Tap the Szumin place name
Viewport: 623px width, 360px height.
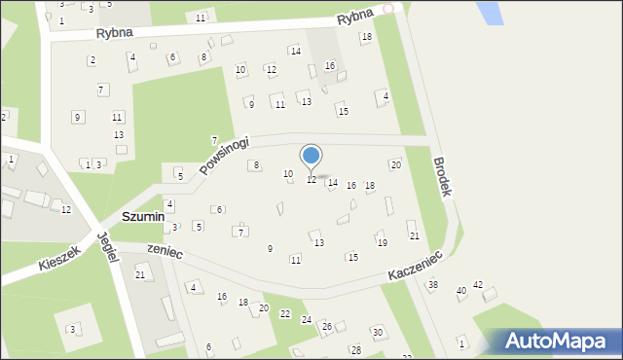point(143,215)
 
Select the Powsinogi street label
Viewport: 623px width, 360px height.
point(225,154)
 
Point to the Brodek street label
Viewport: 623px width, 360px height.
point(443,177)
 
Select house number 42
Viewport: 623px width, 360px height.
point(478,285)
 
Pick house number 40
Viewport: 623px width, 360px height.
point(461,291)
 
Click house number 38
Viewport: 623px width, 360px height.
point(432,285)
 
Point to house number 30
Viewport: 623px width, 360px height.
point(378,333)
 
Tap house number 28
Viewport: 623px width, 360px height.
point(356,349)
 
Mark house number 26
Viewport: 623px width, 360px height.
point(327,326)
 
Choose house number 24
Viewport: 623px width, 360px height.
point(306,319)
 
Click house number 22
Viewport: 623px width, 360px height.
point(285,313)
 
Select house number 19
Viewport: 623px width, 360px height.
point(383,242)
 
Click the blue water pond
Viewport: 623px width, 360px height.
point(490,12)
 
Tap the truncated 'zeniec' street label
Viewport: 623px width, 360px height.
point(165,250)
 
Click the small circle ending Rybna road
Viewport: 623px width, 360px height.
point(388,8)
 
